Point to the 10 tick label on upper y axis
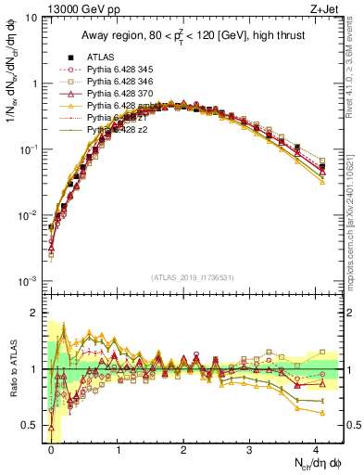point(31,18)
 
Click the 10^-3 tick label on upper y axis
point(27,280)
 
